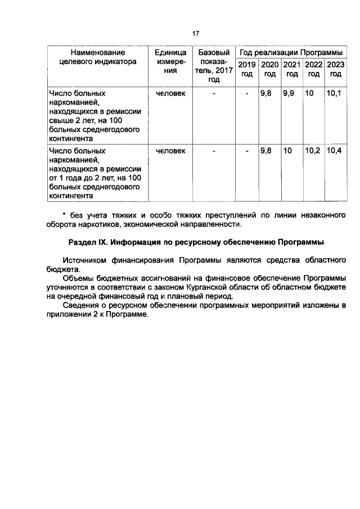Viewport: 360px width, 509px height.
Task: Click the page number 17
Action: coord(196,34)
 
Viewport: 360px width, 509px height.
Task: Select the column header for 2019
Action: coord(247,69)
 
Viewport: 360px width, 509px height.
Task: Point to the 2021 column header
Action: coord(291,69)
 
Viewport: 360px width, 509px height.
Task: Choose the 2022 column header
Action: coord(313,69)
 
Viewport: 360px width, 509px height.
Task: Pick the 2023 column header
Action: coord(335,69)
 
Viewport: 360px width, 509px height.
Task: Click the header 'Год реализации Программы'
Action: coord(291,52)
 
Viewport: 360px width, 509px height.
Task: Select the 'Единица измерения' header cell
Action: coord(170,61)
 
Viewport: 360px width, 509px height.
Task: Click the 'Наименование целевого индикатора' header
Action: coord(94,57)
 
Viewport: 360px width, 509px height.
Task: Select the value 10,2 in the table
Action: coord(312,151)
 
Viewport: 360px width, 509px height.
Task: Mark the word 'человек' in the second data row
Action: coord(170,151)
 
